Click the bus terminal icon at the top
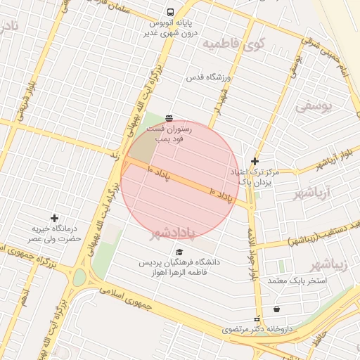click(170, 12)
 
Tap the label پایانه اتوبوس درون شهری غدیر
click(171, 27)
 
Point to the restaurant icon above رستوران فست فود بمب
click(169, 118)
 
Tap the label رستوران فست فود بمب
click(166, 134)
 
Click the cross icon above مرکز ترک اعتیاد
click(255, 161)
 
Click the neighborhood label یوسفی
click(311, 107)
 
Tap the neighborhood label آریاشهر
click(329, 191)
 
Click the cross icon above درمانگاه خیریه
click(54, 219)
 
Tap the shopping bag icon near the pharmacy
click(276, 309)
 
